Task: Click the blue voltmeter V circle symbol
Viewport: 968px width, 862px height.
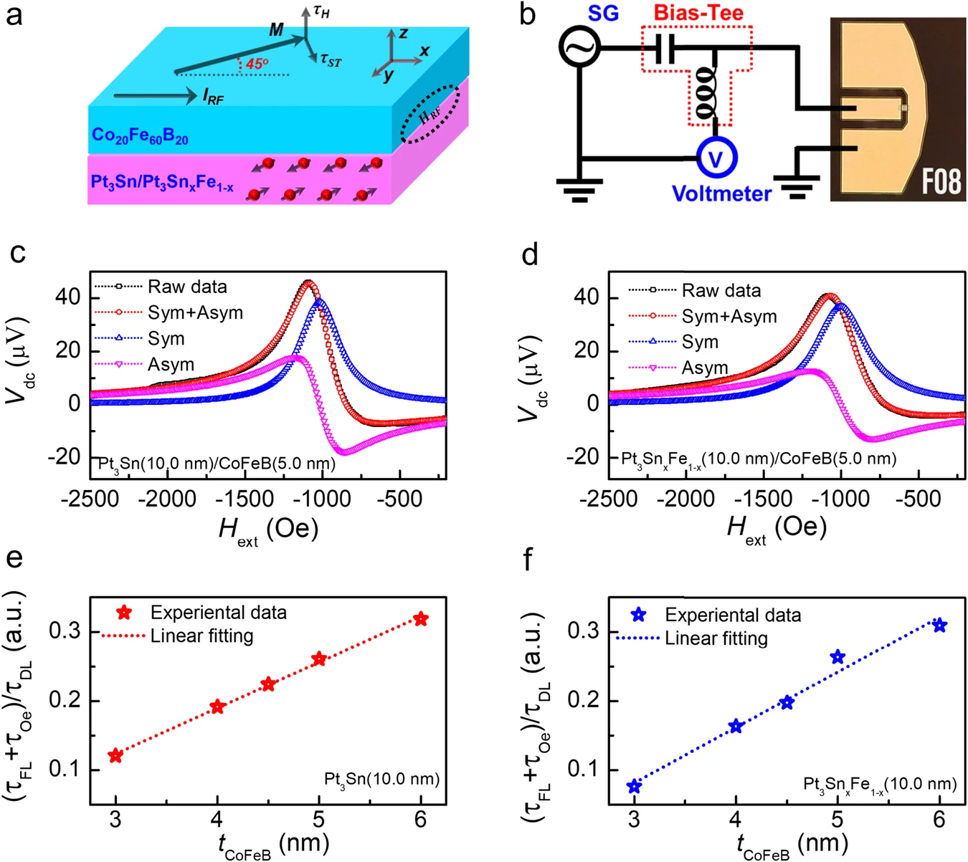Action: pyautogui.click(x=715, y=158)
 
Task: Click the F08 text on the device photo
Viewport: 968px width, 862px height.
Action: pyautogui.click(x=940, y=181)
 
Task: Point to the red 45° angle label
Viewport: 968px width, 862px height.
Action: pyautogui.click(x=257, y=64)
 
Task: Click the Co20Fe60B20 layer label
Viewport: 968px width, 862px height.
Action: pyautogui.click(x=140, y=135)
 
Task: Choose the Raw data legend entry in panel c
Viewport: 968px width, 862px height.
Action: pyautogui.click(x=186, y=287)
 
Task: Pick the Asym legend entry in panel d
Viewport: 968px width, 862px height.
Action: pyautogui.click(x=704, y=368)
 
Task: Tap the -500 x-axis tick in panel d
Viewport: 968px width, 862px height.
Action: pyautogui.click(x=917, y=499)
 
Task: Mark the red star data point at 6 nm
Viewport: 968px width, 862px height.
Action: pyautogui.click(x=421, y=619)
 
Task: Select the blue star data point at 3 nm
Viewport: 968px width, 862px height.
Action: pyautogui.click(x=634, y=787)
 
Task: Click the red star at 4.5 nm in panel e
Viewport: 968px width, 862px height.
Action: pyautogui.click(x=268, y=684)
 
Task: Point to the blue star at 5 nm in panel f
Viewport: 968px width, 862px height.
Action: pyautogui.click(x=837, y=657)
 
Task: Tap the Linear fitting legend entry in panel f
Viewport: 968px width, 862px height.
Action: pyautogui.click(x=716, y=638)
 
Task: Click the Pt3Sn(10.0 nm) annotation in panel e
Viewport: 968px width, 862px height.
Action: pyautogui.click(x=381, y=779)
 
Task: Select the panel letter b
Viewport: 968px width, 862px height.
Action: pyautogui.click(x=528, y=14)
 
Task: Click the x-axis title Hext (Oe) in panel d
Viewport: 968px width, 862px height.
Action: pyautogui.click(x=777, y=529)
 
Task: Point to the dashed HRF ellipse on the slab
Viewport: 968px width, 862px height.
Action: pyautogui.click(x=430, y=114)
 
